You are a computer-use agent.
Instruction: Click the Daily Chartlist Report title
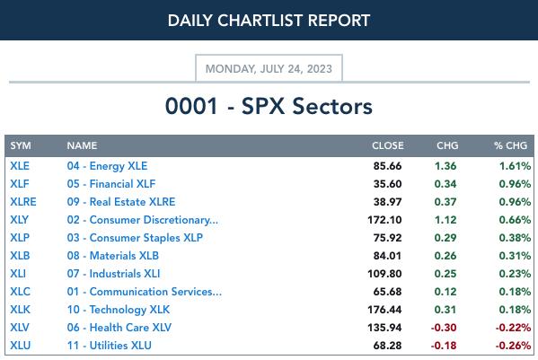pos(269,21)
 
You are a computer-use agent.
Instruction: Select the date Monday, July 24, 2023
pos(269,69)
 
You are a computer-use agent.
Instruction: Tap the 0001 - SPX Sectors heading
pos(269,106)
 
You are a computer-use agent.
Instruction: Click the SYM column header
pos(21,145)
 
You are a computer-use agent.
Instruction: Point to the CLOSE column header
pos(388,145)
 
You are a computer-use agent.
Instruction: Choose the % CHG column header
pos(510,145)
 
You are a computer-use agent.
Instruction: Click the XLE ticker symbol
pos(20,166)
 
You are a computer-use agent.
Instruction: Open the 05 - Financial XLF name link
pos(111,184)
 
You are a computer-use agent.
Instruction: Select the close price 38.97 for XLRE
pos(387,202)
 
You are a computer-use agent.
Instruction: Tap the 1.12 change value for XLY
pos(445,220)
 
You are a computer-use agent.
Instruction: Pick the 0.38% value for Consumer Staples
pos(515,238)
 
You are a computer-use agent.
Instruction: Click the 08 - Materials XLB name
pos(113,256)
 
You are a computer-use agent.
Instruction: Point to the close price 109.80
pos(384,274)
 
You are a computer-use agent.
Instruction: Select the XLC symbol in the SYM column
pos(21,292)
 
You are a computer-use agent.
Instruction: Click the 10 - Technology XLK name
pos(119,310)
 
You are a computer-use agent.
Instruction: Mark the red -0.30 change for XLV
pos(444,328)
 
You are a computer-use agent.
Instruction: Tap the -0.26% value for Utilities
pos(513,346)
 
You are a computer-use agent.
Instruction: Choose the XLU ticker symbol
pos(21,346)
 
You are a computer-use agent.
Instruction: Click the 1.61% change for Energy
pos(515,166)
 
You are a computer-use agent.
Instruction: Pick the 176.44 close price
pos(384,310)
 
